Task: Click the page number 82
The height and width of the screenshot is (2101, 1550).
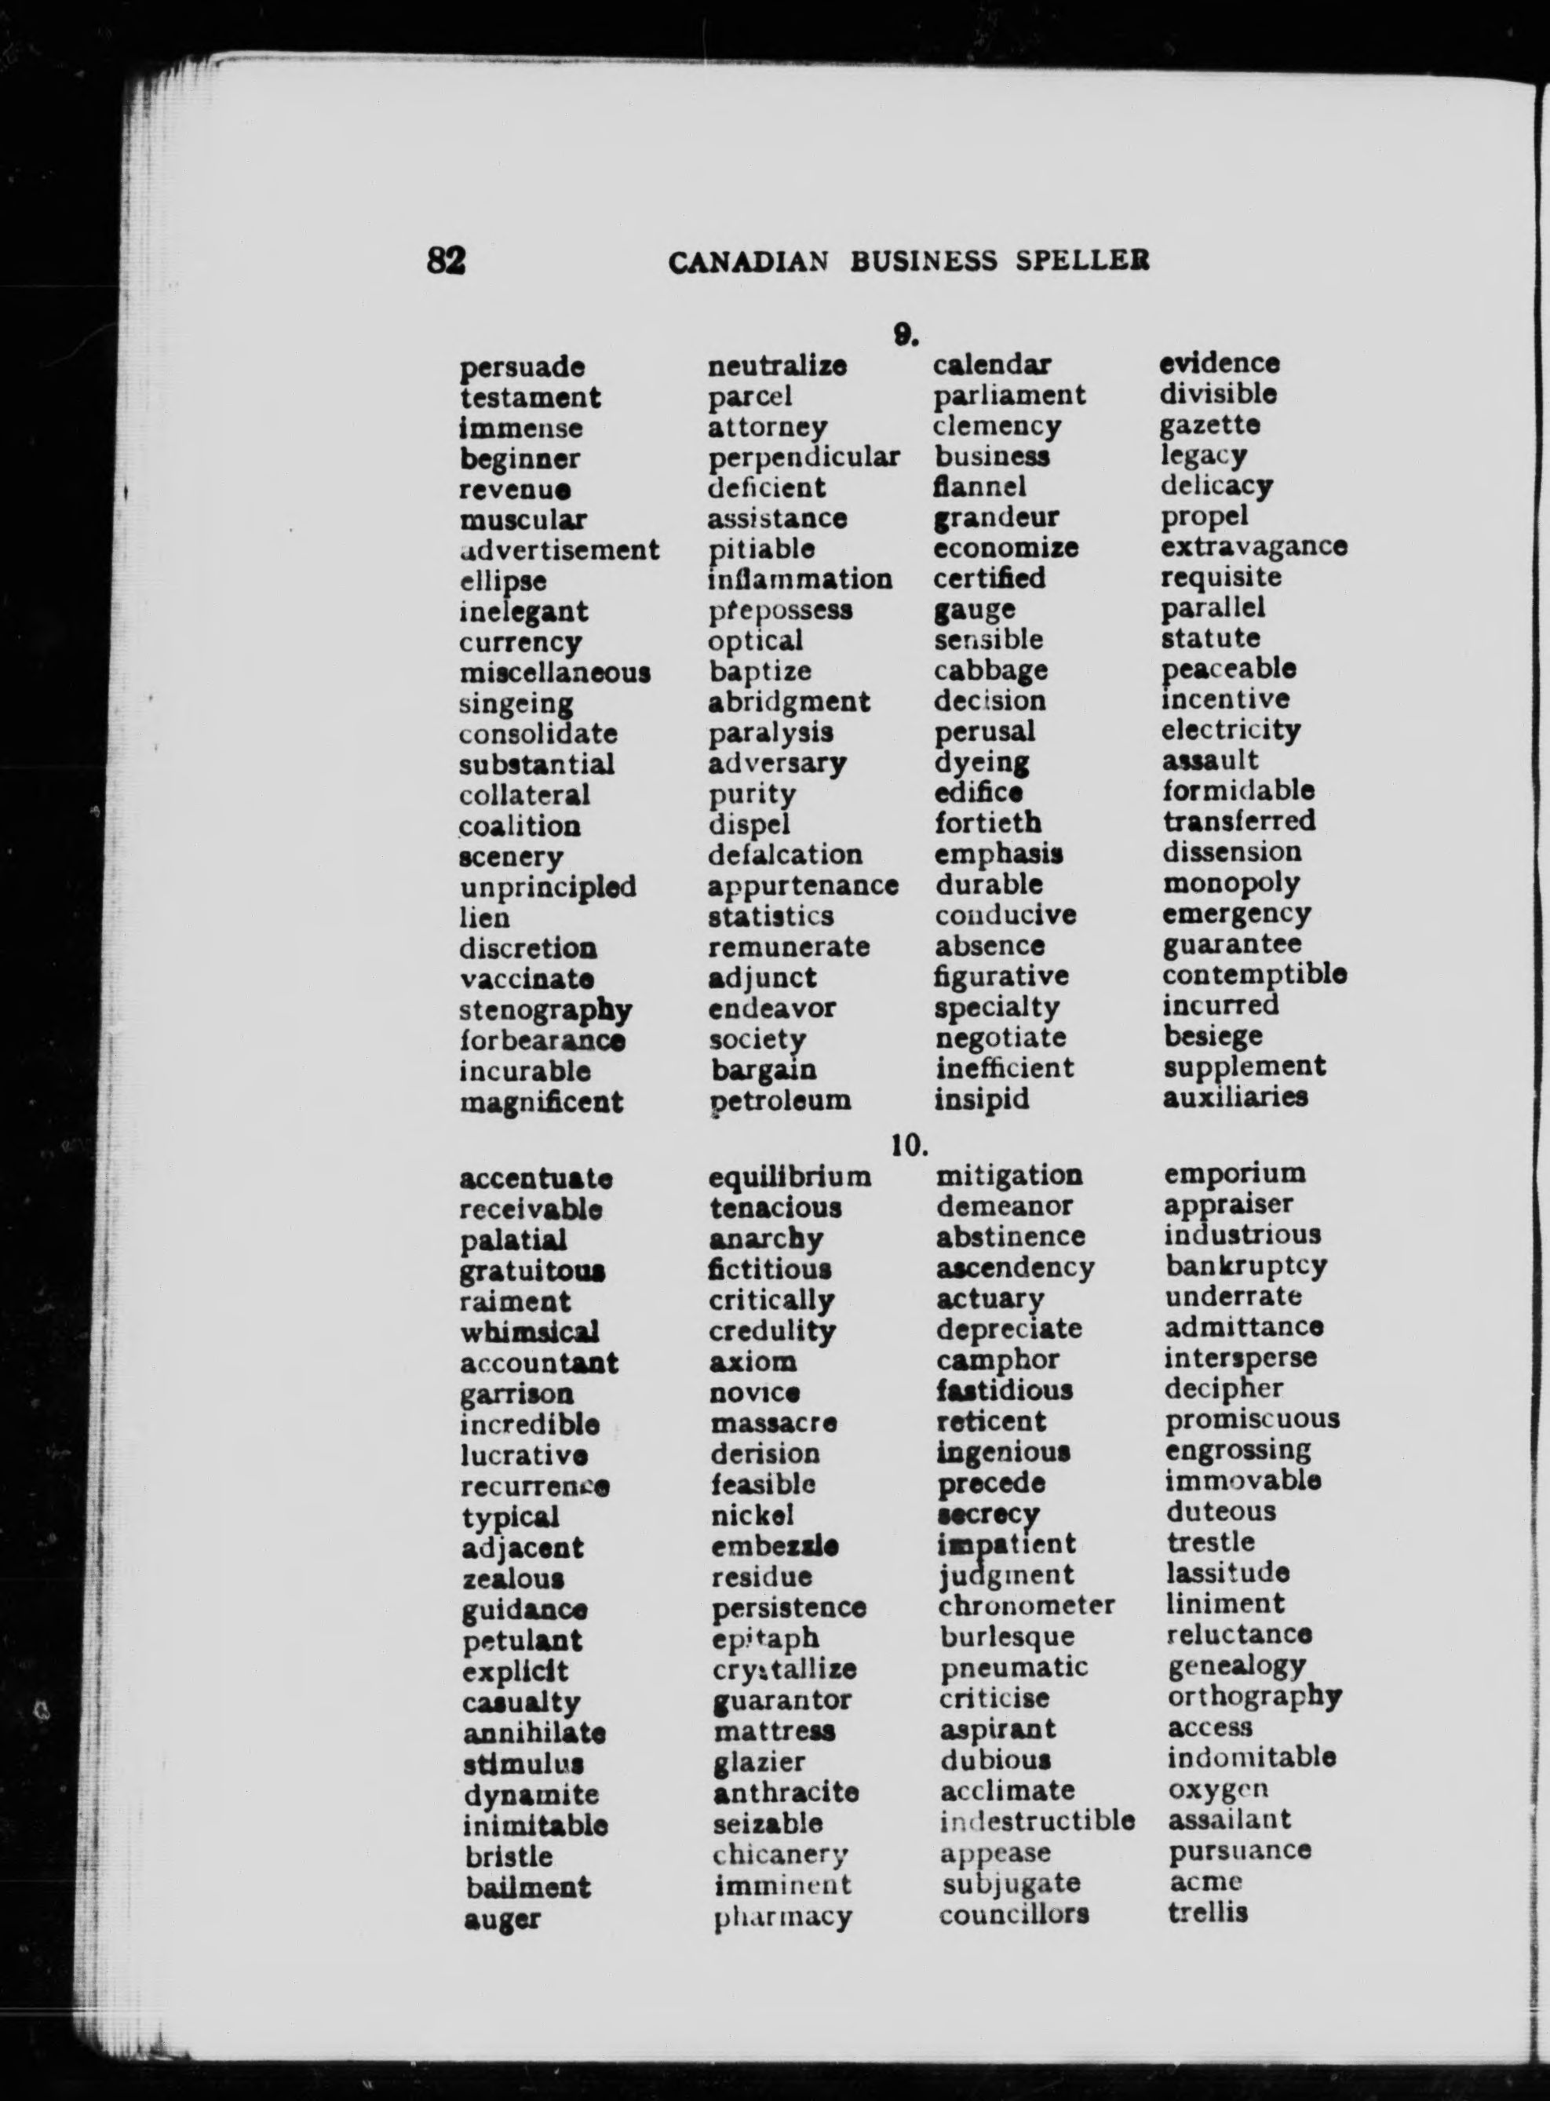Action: [x=446, y=259]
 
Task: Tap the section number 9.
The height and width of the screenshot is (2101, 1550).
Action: [x=904, y=333]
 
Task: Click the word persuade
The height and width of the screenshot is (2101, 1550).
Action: [x=522, y=367]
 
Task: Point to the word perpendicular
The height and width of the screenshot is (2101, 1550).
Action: [x=803, y=457]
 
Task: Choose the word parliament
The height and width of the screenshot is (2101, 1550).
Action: [x=1008, y=395]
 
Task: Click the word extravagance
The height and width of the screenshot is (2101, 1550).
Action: [x=1253, y=545]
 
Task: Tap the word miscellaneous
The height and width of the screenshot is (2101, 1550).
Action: [x=555, y=673]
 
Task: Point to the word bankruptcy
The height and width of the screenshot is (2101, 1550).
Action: [x=1246, y=1265]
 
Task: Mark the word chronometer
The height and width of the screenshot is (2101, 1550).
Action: [x=1027, y=1605]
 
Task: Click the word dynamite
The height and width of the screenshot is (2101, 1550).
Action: [x=531, y=1794]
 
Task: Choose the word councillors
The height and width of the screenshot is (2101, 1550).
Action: [x=1013, y=1913]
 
